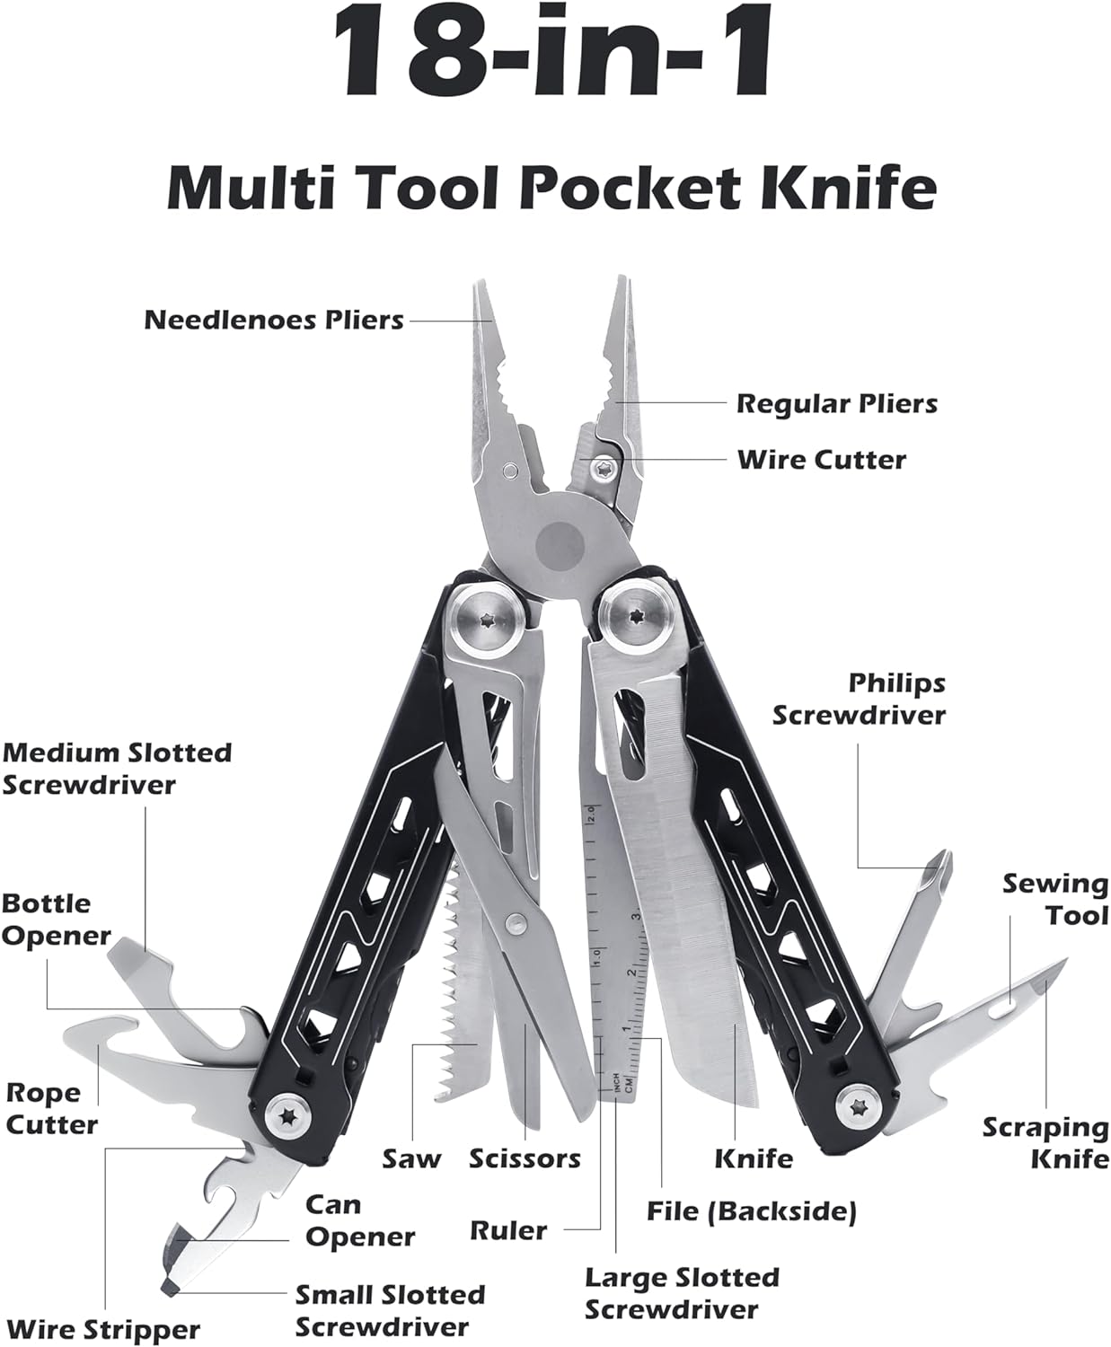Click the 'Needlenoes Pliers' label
[274, 320]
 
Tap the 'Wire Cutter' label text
[821, 460]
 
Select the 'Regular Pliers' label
[837, 404]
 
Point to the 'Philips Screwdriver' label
[860, 700]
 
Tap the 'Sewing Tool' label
[1055, 900]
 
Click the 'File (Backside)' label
[752, 1211]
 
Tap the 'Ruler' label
[508, 1231]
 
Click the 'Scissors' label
[525, 1159]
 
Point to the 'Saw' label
[411, 1159]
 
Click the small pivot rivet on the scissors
[516, 923]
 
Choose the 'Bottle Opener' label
[56, 920]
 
